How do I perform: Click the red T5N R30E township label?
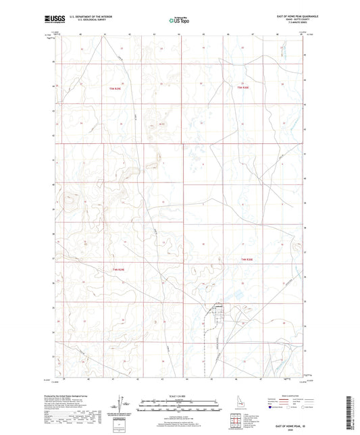point(243,88)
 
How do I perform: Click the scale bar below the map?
point(180,403)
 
